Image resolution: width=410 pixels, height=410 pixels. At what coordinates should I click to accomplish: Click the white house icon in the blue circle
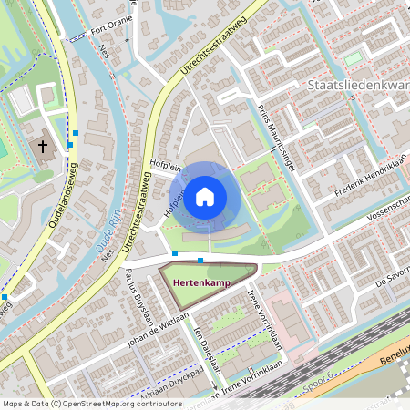coord(205,196)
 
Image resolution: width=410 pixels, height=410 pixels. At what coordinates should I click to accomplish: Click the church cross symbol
coord(42,147)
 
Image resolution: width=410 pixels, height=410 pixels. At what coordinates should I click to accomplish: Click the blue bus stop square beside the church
coord(70,144)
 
